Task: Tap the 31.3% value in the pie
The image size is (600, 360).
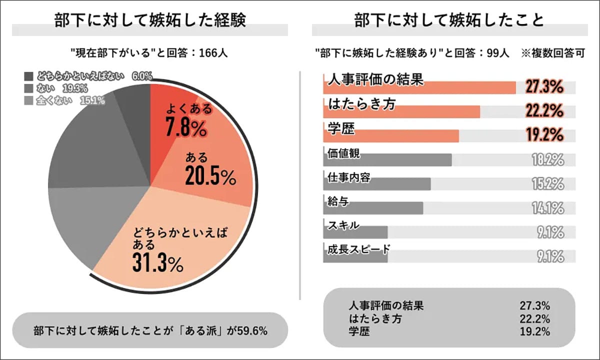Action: coord(157,261)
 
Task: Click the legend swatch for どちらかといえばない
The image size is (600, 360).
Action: coord(28,76)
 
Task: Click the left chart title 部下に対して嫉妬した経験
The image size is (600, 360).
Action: coord(150,21)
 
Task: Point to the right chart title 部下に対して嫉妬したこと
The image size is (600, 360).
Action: coord(448,21)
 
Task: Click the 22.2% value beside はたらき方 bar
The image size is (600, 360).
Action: coord(545,110)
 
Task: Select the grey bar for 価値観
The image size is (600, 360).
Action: coord(387,160)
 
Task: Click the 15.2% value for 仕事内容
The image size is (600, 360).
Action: coord(548,184)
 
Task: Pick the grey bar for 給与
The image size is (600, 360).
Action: coord(373,208)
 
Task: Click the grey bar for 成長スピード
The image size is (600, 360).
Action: coord(355,256)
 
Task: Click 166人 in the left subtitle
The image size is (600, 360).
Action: coord(213,53)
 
